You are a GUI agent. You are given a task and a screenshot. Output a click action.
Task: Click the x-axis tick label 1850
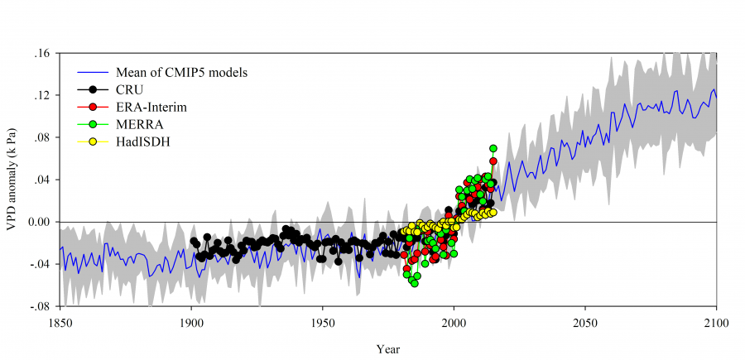60,322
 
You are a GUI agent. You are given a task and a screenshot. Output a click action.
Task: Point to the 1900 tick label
191,322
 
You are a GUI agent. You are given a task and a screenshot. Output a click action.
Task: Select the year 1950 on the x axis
322,322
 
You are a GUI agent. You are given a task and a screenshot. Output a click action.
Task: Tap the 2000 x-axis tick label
454,322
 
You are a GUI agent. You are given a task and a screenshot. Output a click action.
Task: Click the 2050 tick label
584,322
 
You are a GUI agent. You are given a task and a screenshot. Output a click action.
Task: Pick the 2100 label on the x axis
716,322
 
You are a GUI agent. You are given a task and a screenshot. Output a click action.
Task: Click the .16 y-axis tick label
42,53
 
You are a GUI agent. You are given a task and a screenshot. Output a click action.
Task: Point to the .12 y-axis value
42,95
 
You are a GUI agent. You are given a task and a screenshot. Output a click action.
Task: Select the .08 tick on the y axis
42,137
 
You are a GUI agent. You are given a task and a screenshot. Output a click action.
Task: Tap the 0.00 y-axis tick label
39,222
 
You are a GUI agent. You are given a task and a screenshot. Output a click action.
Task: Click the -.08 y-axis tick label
41,306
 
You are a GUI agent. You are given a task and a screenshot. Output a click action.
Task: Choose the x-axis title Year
387,348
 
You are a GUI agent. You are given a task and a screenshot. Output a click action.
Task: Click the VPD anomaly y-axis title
12,179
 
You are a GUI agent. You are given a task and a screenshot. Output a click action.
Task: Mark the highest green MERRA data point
493,148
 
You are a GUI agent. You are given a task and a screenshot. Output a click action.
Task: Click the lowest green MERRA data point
415,283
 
